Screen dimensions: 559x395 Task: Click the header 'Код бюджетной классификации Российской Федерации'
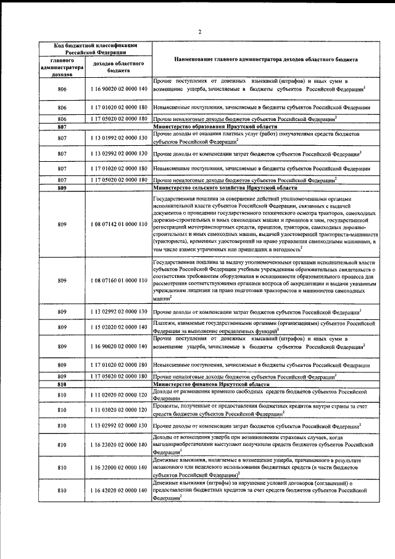(x=93, y=49)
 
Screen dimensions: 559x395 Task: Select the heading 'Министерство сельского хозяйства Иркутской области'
(x=225, y=187)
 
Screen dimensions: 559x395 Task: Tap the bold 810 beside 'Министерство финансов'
(x=62, y=384)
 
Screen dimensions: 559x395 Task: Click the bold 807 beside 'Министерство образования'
(x=62, y=125)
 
